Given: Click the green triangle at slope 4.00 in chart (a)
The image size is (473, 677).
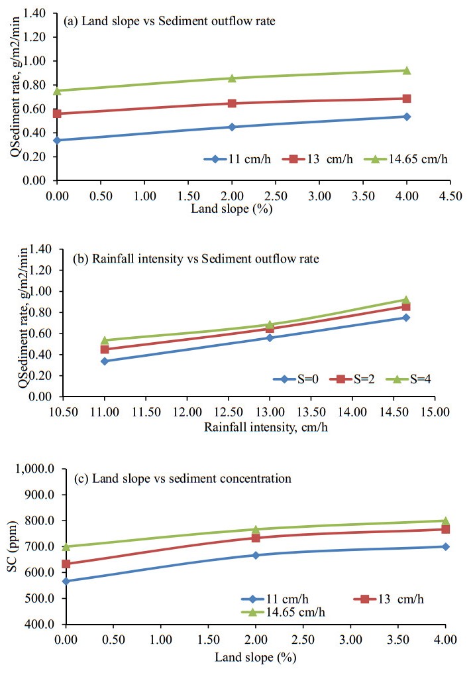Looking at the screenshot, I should tap(407, 70).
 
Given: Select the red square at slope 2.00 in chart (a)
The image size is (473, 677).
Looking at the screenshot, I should tap(232, 103).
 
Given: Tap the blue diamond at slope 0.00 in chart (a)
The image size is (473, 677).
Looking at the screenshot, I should tap(58, 140).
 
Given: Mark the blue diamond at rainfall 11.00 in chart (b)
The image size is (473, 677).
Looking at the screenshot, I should tap(105, 361).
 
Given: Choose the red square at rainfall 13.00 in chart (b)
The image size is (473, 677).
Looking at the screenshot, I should tap(270, 329).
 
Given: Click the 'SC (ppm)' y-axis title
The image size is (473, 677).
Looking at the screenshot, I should tap(14, 546).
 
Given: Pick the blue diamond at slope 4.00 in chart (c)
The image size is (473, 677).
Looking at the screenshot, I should tap(445, 546).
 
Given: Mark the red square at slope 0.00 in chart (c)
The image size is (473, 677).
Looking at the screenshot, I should tap(66, 564).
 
